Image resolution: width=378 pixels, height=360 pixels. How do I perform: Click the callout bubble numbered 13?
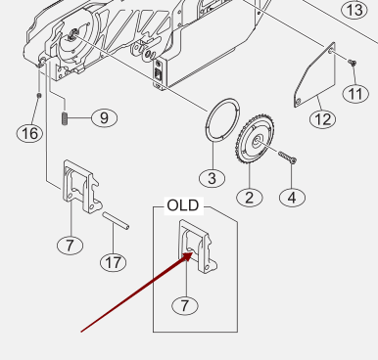pos(354,10)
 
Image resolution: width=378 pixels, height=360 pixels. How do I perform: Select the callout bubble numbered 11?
pos(355,94)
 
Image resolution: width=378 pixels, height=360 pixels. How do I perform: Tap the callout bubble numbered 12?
pos(323,119)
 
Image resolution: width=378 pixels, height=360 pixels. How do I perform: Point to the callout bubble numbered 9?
pos(104,117)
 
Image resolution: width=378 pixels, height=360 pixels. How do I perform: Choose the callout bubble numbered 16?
pos(29,133)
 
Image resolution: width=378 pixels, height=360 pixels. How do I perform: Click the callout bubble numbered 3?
pos(213,178)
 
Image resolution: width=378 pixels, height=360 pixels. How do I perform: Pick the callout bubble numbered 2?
pos(250,198)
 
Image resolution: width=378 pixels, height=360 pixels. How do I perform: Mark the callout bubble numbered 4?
pos(292,198)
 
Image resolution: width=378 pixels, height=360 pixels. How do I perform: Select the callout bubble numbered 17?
pos(114,262)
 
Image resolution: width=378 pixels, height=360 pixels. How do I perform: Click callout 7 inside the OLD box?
pos(185,306)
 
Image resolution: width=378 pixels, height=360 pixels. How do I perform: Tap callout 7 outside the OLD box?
pos(71,246)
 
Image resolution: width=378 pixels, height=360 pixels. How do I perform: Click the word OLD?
pos(183,205)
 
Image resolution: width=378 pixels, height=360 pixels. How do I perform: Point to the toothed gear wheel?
pos(257,139)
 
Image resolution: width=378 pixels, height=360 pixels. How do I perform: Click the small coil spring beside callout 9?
pos(65,117)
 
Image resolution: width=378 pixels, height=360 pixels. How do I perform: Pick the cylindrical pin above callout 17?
pos(116,221)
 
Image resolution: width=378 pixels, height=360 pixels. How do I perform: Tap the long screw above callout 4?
pos(288,157)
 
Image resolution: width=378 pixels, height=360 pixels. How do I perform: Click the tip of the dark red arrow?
pos(193,251)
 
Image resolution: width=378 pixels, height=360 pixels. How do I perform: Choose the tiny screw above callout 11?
pos(352,63)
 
